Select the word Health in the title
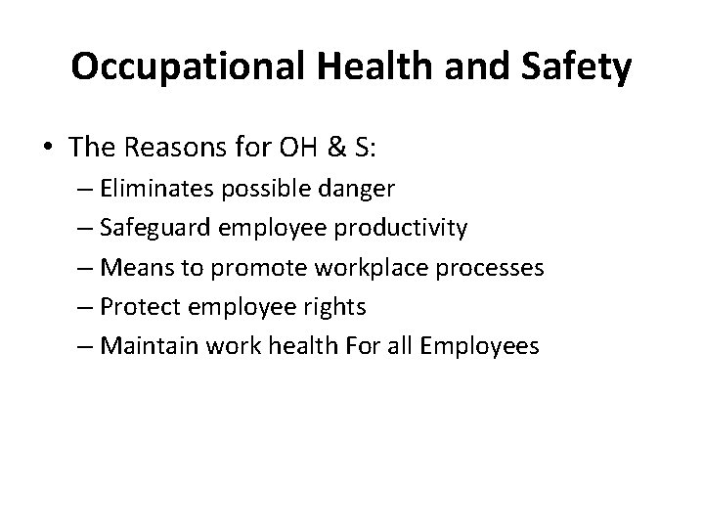tap(365, 68)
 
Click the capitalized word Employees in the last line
tap(488, 346)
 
